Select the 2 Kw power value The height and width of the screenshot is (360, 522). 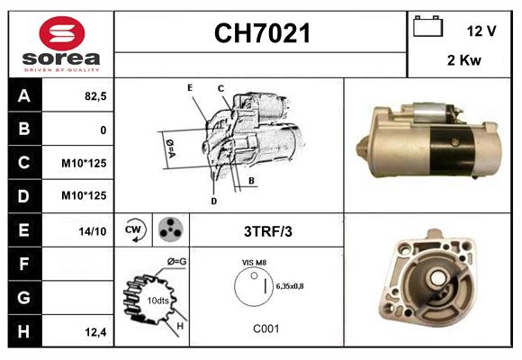(x=463, y=60)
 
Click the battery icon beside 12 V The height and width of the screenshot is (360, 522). (x=426, y=28)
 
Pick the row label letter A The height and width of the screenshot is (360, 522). (x=23, y=95)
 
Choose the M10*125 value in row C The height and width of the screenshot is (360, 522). (x=85, y=164)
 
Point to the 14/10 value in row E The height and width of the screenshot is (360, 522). (x=93, y=231)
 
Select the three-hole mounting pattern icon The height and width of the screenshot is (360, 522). (x=169, y=229)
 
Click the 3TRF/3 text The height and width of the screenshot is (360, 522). (x=267, y=231)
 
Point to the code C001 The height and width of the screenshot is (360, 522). (x=266, y=329)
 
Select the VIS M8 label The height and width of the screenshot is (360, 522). (x=253, y=262)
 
